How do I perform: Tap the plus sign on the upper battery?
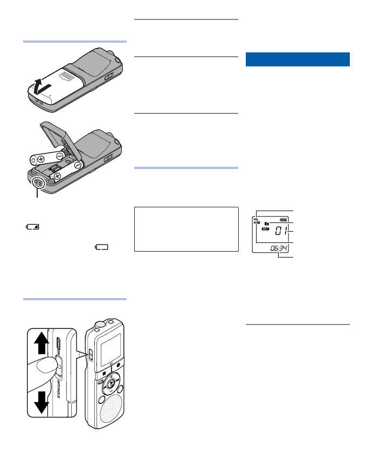tap(41, 160)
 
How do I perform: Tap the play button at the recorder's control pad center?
tap(110, 385)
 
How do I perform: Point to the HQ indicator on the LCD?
tap(257, 218)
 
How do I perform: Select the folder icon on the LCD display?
tap(266, 223)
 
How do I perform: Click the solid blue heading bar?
tap(298, 59)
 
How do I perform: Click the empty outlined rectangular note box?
tap(186, 228)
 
